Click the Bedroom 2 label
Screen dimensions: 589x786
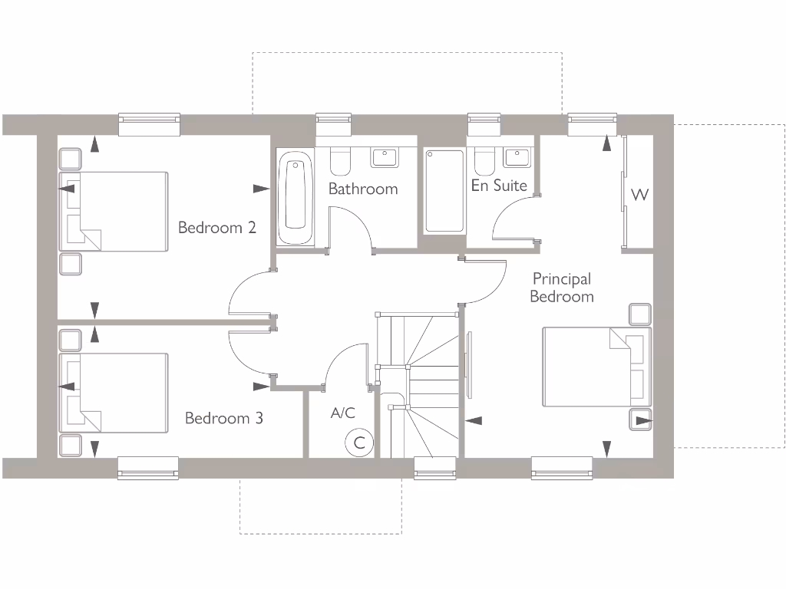point(216,228)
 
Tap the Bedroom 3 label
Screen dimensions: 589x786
point(223,418)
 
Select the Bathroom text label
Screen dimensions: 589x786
point(363,189)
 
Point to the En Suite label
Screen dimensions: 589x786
point(499,186)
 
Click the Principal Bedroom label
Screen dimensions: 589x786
point(562,288)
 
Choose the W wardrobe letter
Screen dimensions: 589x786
point(639,195)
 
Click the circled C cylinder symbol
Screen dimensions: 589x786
point(358,443)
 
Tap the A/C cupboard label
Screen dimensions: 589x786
point(342,413)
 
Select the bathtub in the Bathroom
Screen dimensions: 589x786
point(296,198)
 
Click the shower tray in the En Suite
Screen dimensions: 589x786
point(444,191)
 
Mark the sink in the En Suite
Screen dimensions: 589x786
point(517,156)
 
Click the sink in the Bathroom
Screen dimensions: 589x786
point(384,156)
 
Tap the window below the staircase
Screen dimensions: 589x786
point(434,468)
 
